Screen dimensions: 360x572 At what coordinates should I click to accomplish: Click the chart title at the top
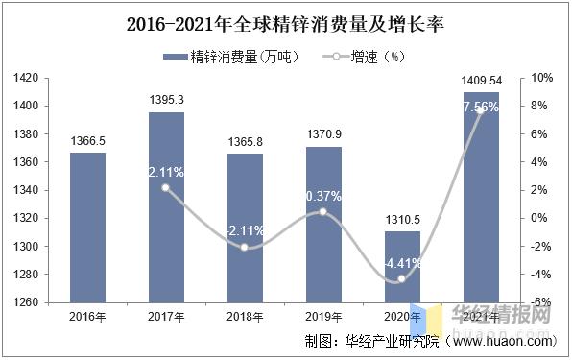point(285,22)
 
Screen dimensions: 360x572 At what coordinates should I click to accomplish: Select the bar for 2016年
point(87,228)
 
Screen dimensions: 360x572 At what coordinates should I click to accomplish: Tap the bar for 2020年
point(402,267)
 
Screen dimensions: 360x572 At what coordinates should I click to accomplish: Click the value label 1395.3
point(166,100)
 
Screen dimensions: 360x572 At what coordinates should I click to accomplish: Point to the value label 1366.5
point(87,141)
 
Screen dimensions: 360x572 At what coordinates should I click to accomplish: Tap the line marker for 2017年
point(166,188)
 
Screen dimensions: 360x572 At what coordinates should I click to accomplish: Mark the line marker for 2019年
point(323,212)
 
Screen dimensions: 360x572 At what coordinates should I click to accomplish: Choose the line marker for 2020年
point(402,279)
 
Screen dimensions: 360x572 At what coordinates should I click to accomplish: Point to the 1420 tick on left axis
point(26,78)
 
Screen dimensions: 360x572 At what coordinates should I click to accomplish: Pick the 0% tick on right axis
point(543,218)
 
